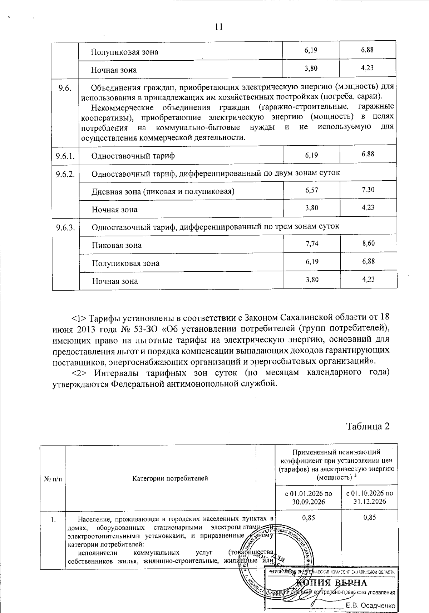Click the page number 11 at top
219,27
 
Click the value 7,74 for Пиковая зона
312,244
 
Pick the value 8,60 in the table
368,243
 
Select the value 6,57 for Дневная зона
312,190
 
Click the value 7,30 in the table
368,190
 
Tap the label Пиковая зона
117,246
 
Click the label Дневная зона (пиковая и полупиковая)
163,192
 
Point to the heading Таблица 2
367,426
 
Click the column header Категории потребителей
170,478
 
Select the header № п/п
53,478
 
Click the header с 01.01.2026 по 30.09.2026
308,497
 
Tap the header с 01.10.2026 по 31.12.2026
370,497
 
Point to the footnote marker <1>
79,318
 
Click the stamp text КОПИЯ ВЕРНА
332,583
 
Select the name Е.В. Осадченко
370,606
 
